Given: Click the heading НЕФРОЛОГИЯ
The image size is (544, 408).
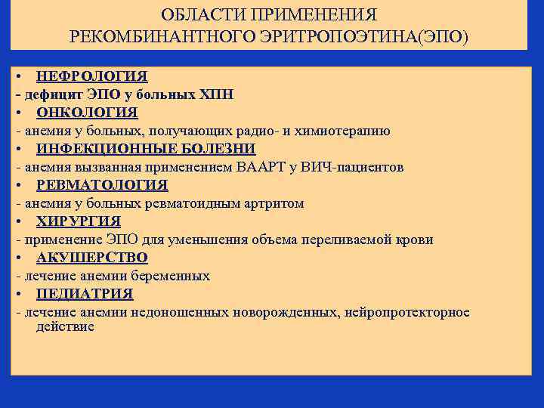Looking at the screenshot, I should pyautogui.click(x=91, y=76).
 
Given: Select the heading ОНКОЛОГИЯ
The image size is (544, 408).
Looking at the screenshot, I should pyautogui.click(x=87, y=113).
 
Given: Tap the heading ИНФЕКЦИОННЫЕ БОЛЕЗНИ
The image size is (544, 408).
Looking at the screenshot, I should pyautogui.click(x=146, y=149).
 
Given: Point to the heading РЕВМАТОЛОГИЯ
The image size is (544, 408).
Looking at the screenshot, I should pyautogui.click(x=102, y=185).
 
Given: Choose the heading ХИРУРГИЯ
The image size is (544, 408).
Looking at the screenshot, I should pyautogui.click(x=79, y=221).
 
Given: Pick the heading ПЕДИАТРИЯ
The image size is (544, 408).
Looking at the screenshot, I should pyautogui.click(x=85, y=294).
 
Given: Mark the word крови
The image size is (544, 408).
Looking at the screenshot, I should pyautogui.click(x=416, y=240).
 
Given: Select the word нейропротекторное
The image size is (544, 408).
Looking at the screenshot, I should pyautogui.click(x=406, y=312).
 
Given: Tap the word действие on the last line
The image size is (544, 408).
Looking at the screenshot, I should pyautogui.click(x=65, y=326).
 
